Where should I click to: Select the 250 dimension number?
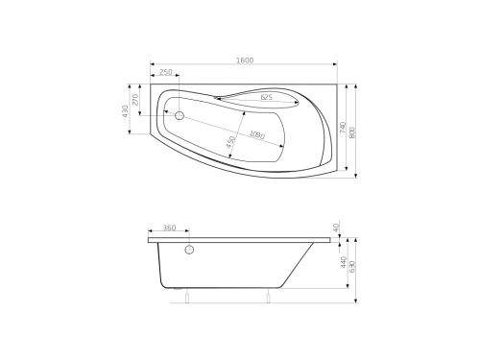coord(165,73)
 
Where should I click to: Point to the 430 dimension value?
coord(125,112)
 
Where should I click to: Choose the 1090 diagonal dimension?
coord(256,135)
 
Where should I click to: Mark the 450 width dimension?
coord(231,142)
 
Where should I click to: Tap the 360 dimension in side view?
coord(169,228)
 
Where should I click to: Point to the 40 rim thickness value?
coord(337,228)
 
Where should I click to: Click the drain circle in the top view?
coord(179,115)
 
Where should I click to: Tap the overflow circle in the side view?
coord(189,251)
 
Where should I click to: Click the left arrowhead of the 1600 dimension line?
coord(153,66)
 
